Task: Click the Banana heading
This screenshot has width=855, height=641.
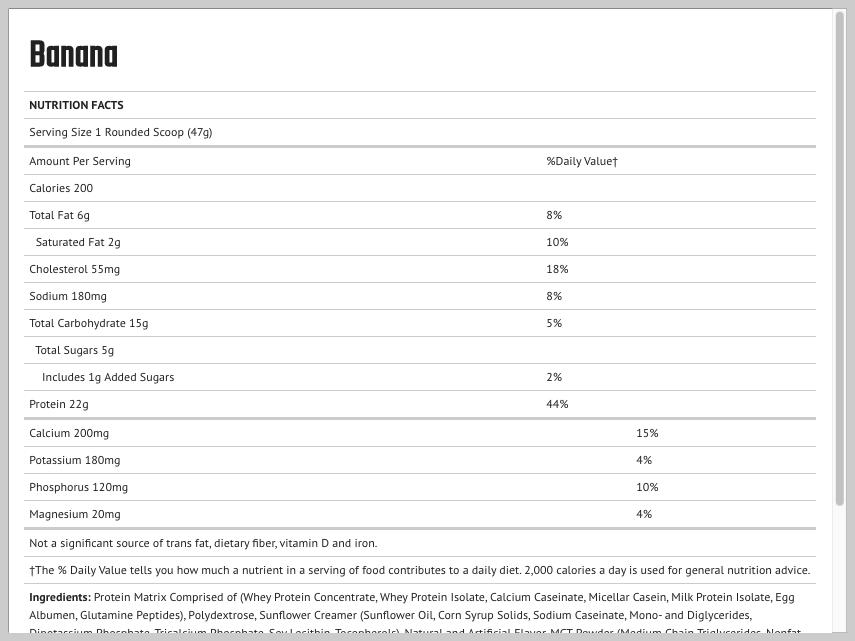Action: coord(74,55)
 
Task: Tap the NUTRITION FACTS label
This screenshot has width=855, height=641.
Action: coord(76,105)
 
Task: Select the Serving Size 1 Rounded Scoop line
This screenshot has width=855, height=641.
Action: coord(120,132)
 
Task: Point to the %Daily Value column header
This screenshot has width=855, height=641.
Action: coord(581,161)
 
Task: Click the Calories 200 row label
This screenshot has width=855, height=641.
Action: coord(61,188)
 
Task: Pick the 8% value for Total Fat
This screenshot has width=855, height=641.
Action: coord(554,215)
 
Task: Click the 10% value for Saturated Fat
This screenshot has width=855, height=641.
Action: coord(557,242)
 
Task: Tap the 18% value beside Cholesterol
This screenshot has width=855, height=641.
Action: coord(557,269)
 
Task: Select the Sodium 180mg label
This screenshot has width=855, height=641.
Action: coord(68,296)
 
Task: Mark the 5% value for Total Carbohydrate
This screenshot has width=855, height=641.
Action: coord(554,323)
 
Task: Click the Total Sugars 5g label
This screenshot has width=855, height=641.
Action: coord(75,350)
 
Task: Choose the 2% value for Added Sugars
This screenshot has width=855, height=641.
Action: coord(554,377)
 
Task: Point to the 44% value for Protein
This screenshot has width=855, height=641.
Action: coord(557,404)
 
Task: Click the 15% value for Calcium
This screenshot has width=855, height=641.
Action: coord(647,433)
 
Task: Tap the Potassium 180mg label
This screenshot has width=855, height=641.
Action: coord(75,460)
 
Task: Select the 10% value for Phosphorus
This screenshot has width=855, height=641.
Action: coord(647,487)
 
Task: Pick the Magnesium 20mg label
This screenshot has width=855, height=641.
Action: coord(75,514)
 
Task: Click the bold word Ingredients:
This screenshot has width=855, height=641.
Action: coord(60,597)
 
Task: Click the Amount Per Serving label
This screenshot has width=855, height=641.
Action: coord(80,161)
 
